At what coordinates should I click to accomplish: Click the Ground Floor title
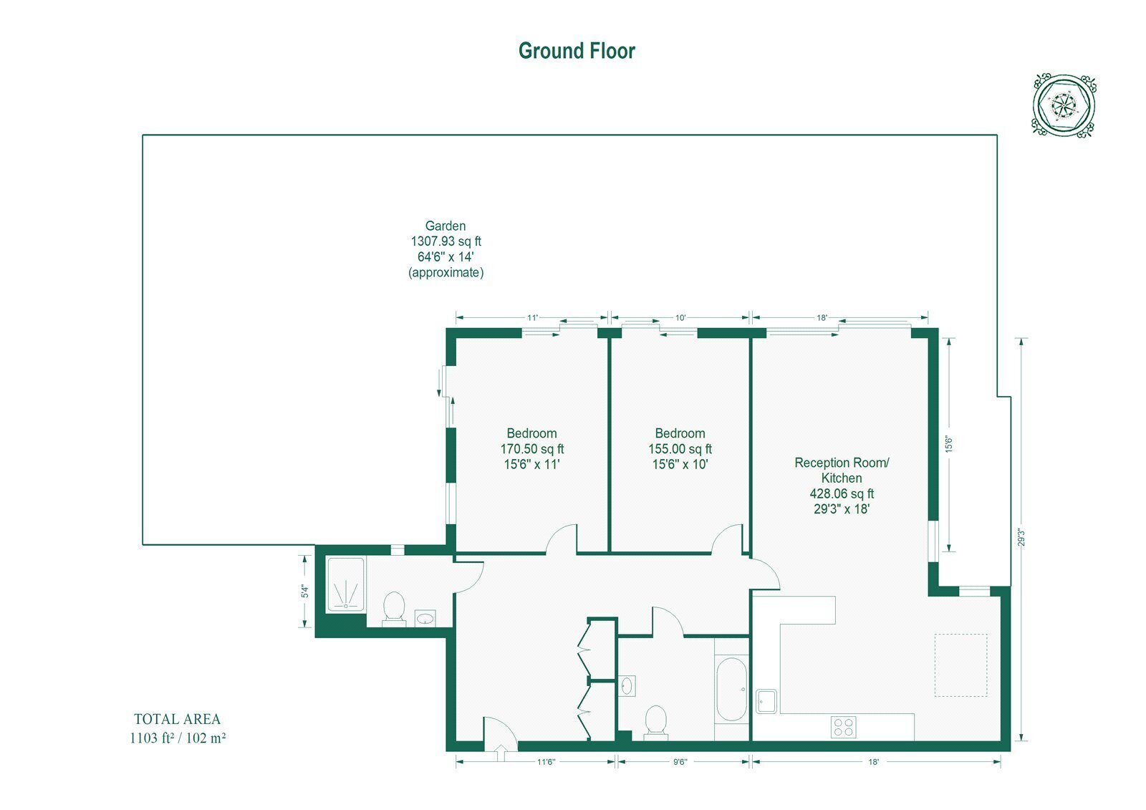tap(577, 51)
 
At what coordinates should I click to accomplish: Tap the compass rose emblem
tap(1064, 106)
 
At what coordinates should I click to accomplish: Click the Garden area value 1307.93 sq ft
tap(446, 241)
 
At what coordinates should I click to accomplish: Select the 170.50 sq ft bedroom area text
tap(531, 449)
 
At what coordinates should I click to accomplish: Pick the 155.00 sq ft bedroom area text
tap(680, 449)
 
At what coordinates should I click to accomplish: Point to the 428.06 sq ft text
tap(842, 493)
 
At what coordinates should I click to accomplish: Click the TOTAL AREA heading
tap(177, 719)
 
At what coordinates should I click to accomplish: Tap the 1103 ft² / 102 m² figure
tap(178, 738)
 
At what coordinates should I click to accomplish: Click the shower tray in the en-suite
tap(346, 584)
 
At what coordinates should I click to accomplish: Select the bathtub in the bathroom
tap(731, 689)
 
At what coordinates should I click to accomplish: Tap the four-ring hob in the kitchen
tap(844, 727)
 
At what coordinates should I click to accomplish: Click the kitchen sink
tap(766, 701)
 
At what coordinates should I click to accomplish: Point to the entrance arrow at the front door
tap(501, 753)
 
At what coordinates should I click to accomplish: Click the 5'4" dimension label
tap(305, 592)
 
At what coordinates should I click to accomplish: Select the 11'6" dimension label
tap(546, 762)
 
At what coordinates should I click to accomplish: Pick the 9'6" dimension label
tap(680, 762)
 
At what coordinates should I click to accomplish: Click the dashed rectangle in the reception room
tap(960, 665)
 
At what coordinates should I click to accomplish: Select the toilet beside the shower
tap(394, 609)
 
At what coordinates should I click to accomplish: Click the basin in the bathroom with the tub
tap(627, 685)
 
